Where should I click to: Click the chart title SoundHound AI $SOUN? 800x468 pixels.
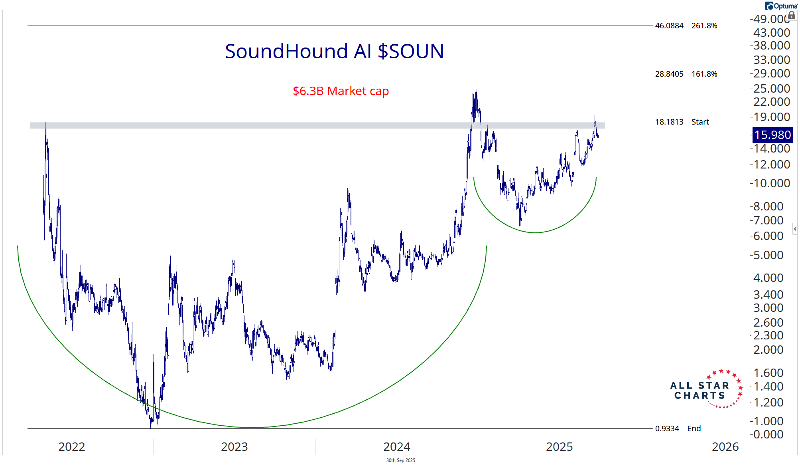tap(334, 52)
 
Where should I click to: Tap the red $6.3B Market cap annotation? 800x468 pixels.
tap(341, 91)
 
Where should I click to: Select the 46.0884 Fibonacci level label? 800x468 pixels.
tap(669, 26)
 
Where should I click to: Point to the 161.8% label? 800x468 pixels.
tap(704, 74)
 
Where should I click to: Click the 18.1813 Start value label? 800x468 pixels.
tap(669, 122)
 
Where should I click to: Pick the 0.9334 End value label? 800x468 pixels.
tap(667, 428)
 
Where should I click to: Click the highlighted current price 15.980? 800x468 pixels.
tap(772, 135)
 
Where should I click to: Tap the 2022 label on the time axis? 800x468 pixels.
tap(72, 446)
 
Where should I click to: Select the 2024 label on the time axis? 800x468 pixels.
tap(396, 446)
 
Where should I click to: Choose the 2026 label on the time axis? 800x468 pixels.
tap(725, 446)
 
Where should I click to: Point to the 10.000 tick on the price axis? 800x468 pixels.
tap(772, 183)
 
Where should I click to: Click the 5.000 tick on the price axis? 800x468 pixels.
tap(772, 255)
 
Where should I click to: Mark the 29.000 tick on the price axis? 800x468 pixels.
tap(772, 73)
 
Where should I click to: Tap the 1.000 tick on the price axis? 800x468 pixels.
tap(772, 421)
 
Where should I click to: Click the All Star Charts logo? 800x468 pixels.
tap(706, 389)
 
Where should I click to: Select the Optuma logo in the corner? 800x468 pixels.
tap(781, 6)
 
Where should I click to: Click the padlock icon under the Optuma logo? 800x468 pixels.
tap(792, 15)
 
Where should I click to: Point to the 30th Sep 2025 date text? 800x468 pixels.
tap(400, 460)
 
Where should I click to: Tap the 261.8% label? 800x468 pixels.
tap(704, 26)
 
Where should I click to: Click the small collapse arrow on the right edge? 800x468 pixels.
tap(795, 229)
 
